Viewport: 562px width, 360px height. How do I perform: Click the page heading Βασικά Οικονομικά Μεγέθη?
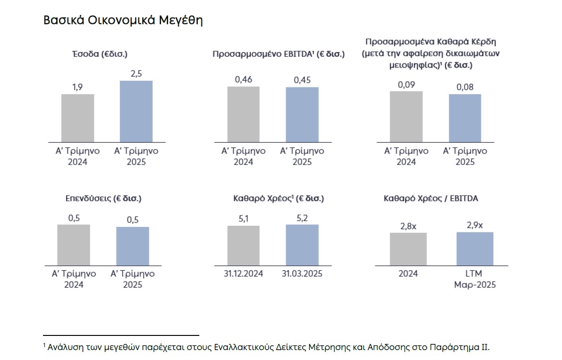coord(123,20)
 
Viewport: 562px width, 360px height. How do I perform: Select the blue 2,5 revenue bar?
coord(136,111)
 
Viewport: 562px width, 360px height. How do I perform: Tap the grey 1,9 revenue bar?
coord(78,118)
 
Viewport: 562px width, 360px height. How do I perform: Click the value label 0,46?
coord(243,80)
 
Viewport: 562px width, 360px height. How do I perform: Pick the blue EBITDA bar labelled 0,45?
coord(302,114)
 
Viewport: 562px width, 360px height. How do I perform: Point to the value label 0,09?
coord(406,85)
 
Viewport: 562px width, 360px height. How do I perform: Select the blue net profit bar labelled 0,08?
coord(465,118)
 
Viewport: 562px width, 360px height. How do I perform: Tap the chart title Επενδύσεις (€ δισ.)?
coord(103,199)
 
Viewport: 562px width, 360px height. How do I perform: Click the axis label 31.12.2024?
coord(243,274)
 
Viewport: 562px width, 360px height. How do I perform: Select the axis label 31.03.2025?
coord(302,274)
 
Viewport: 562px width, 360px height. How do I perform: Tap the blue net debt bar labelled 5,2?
coord(302,245)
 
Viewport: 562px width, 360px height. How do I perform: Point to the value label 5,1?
coord(243,219)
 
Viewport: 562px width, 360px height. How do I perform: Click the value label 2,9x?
coord(475,225)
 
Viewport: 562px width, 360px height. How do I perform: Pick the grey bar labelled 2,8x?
coord(408,249)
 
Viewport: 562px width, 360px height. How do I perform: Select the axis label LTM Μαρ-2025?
coord(475,279)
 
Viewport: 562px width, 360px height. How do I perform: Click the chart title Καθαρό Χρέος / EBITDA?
coord(431,199)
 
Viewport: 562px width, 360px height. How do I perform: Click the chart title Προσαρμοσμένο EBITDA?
coord(279,54)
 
